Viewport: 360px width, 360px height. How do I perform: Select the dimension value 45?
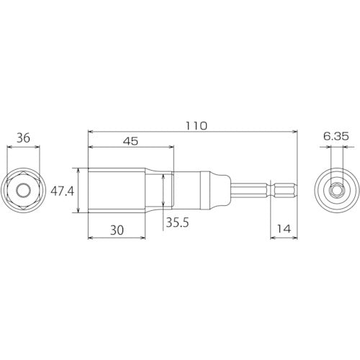point(130,141)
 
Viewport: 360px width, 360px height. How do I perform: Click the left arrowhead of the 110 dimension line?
point(90,131)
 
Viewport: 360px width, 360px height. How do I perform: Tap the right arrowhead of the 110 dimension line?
point(294,131)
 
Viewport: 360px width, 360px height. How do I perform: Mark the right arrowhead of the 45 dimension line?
point(171,148)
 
